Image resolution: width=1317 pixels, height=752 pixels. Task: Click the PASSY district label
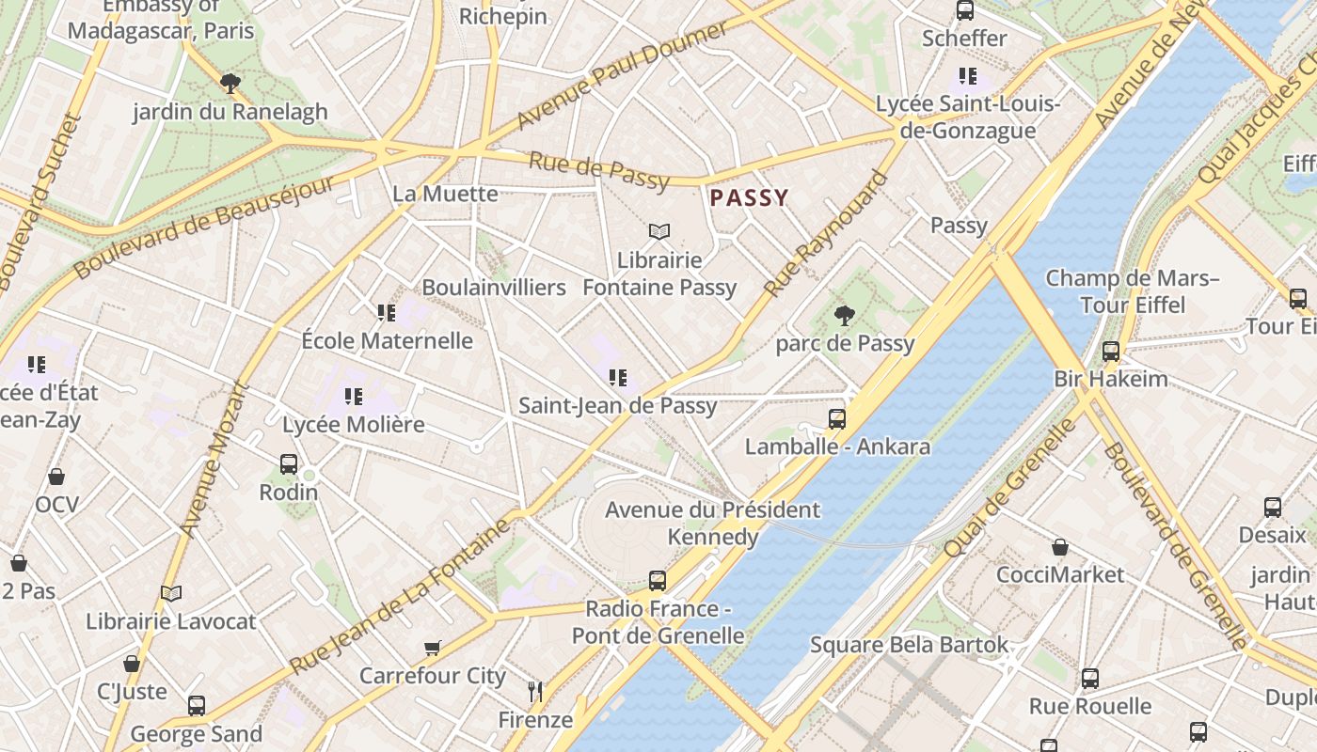(x=749, y=197)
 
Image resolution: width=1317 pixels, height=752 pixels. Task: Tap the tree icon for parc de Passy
(x=844, y=316)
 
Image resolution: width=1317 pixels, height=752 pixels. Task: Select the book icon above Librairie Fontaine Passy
(x=659, y=231)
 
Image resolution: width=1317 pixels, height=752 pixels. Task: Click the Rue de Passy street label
(x=599, y=170)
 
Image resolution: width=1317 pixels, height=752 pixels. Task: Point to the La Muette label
(x=445, y=194)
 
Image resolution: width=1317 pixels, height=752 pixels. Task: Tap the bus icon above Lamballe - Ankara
(x=836, y=418)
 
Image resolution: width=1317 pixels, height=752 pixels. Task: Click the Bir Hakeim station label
(x=1110, y=379)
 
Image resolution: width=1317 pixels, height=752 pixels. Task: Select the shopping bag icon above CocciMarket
(x=1060, y=547)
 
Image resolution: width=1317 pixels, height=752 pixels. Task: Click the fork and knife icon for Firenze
(x=535, y=692)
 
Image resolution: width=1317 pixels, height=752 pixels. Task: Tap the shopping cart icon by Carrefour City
(x=433, y=648)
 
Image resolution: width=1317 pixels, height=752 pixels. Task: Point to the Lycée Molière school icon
(x=354, y=397)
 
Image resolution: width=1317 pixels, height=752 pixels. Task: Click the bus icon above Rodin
(x=289, y=464)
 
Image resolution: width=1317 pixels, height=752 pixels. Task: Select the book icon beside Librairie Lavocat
(x=170, y=594)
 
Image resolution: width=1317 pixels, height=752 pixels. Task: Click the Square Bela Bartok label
(x=909, y=645)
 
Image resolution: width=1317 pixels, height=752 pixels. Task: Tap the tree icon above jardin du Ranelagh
(x=230, y=84)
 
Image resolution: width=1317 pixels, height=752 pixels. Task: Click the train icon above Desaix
(x=1272, y=508)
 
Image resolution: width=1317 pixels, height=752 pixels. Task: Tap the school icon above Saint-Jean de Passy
(x=618, y=378)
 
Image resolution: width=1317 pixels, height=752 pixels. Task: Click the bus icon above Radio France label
(x=658, y=581)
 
